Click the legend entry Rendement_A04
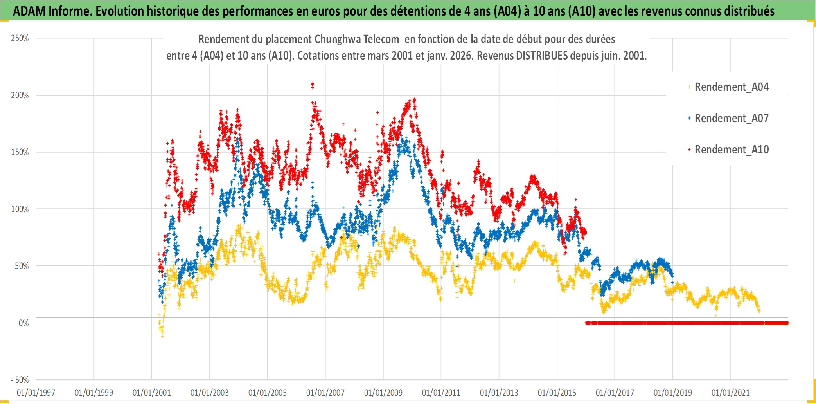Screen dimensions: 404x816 [x=731, y=87]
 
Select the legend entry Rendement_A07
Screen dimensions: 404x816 [x=731, y=118]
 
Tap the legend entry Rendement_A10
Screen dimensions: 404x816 [x=731, y=150]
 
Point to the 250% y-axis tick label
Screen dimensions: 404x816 [x=20, y=38]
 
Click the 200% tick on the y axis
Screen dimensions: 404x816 [x=20, y=95]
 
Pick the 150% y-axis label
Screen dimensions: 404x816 [x=20, y=152]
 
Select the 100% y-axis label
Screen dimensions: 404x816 [x=20, y=209]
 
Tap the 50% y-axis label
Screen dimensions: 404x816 [x=22, y=266]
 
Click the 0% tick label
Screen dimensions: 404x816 [x=23, y=323]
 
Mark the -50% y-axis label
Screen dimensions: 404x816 [x=20, y=380]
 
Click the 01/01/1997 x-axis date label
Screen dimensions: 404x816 [x=36, y=393]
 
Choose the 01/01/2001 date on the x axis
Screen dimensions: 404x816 [x=152, y=393]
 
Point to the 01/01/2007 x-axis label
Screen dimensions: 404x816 [x=325, y=393]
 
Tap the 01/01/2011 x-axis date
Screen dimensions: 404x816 [x=441, y=393]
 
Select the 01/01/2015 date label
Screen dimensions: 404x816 [x=557, y=393]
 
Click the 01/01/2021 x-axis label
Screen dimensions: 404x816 [x=731, y=393]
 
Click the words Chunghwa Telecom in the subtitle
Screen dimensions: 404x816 [x=357, y=39]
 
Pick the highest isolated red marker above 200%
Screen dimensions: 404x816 [x=312, y=84]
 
